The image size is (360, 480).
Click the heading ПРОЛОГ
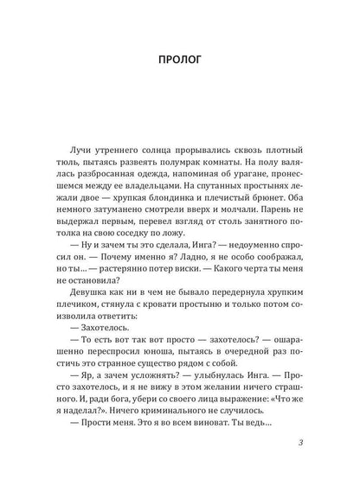pos(180,61)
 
